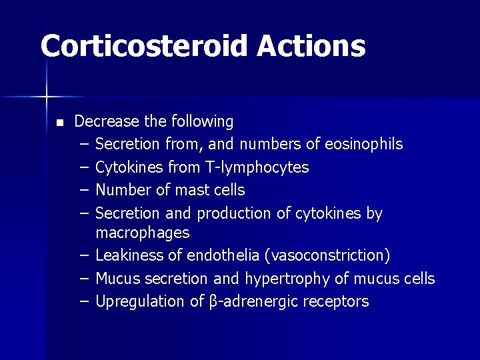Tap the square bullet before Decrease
[59, 123]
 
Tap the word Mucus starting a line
[116, 278]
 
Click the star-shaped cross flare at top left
[47, 97]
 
